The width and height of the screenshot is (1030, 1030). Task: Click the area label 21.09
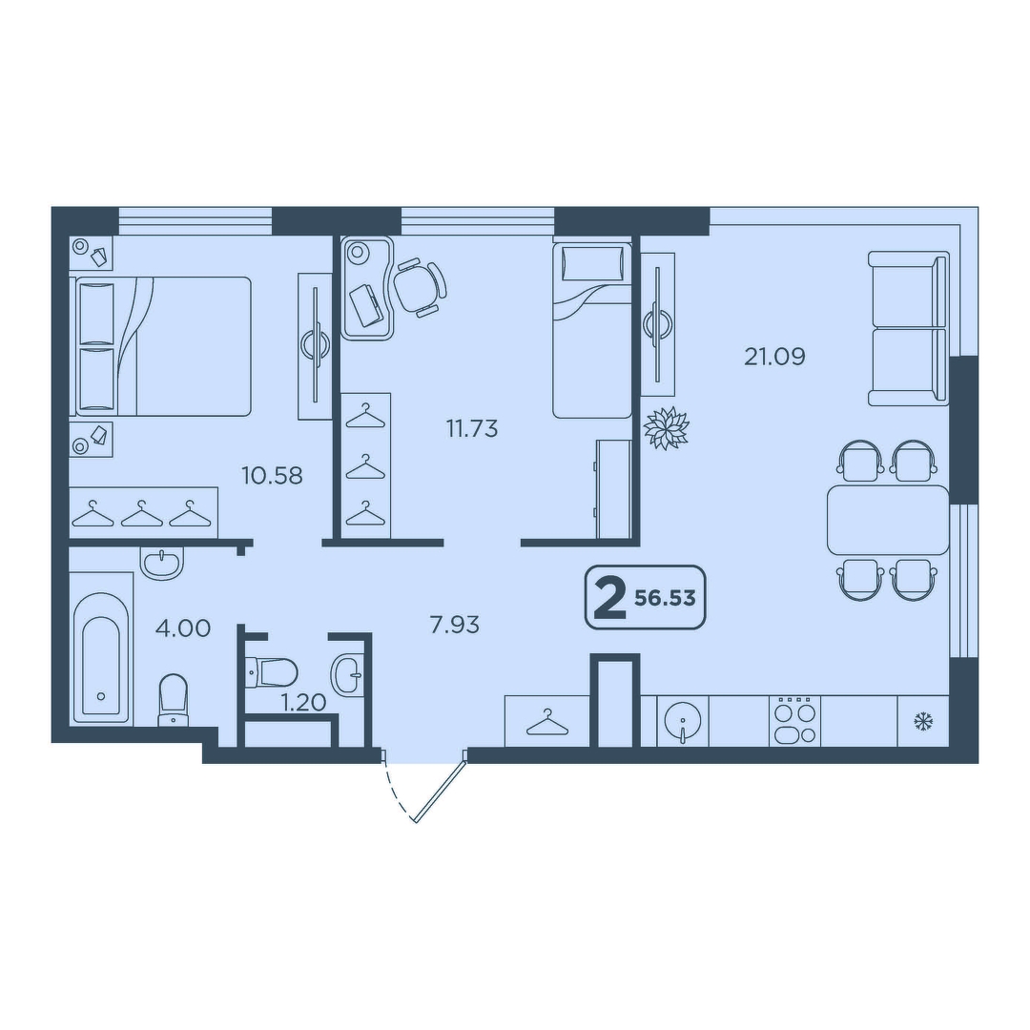click(x=774, y=357)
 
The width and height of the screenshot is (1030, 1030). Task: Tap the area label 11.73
click(x=472, y=429)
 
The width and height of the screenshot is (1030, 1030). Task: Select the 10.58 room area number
click(x=272, y=475)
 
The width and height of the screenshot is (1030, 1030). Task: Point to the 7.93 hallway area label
click(x=455, y=625)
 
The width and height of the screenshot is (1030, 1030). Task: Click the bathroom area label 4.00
click(x=182, y=628)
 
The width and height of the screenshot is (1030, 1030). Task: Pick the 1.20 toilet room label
click(x=303, y=703)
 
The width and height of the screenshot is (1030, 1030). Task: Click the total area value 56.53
click(x=665, y=598)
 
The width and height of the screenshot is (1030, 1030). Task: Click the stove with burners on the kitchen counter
click(x=794, y=721)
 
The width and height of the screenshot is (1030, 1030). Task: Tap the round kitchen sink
click(x=683, y=721)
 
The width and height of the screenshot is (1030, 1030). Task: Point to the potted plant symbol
click(x=666, y=429)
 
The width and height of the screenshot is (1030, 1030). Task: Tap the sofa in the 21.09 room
click(x=909, y=328)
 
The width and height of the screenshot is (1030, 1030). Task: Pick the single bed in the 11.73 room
click(x=592, y=330)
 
